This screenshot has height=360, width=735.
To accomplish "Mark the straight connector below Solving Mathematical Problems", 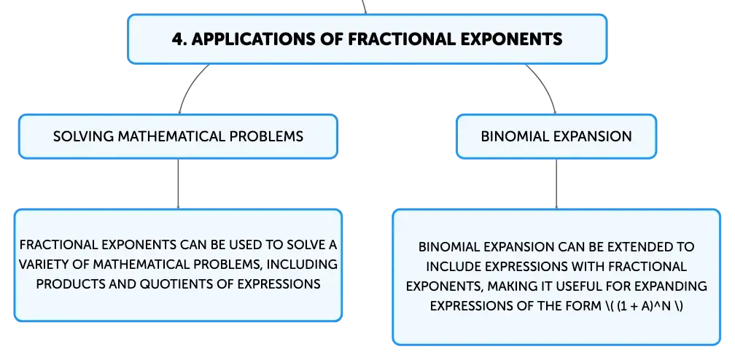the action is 178,184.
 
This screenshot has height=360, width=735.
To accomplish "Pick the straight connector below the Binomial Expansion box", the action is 556,184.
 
